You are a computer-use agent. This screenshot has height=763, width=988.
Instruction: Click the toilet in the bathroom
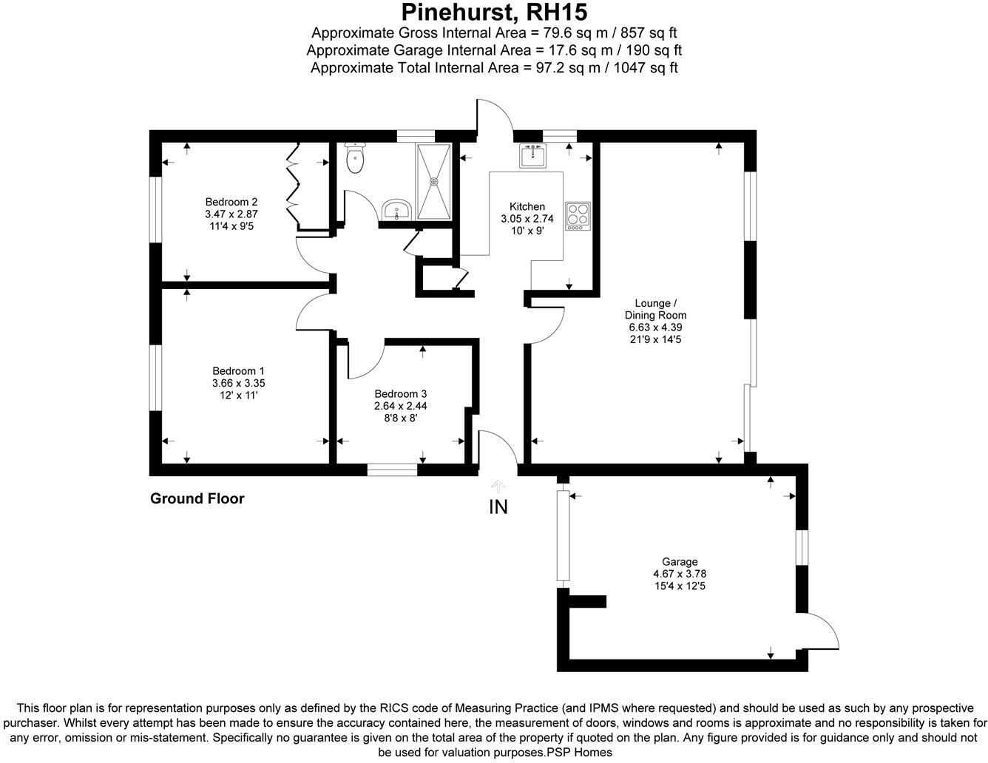356,157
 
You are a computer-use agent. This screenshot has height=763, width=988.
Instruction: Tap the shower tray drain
434,180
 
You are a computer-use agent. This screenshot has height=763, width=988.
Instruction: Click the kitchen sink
532,157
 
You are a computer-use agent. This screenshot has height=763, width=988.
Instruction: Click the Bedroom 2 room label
231,202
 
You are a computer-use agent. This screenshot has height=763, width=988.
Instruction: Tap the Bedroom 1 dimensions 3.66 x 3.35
238,383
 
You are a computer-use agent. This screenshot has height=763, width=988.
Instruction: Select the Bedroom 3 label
400,393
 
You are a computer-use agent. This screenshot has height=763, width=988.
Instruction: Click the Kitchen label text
527,206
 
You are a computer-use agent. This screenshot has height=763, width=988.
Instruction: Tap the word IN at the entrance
498,507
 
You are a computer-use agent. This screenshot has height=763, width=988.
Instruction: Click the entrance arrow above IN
498,486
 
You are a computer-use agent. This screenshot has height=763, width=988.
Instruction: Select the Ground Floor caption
197,498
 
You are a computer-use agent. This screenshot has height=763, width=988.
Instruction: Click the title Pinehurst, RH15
494,13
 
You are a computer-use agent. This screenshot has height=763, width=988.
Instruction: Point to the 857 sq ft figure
650,33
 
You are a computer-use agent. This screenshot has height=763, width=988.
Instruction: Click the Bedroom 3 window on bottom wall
393,468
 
